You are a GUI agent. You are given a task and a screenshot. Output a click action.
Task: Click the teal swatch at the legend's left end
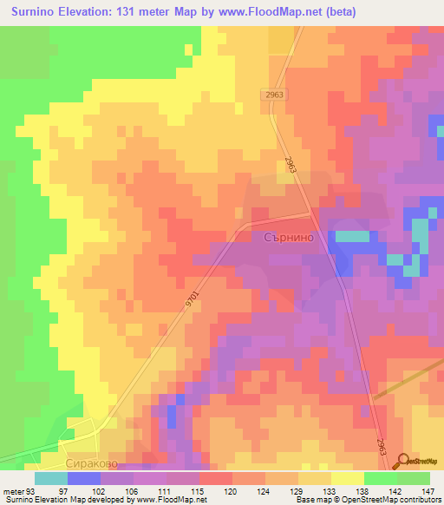click(50, 478)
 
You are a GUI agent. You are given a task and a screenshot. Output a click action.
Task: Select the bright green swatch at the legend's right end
click(414, 478)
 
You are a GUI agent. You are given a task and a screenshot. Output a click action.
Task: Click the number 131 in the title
click(134, 12)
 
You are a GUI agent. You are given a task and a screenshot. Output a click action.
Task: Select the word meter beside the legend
click(12, 490)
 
